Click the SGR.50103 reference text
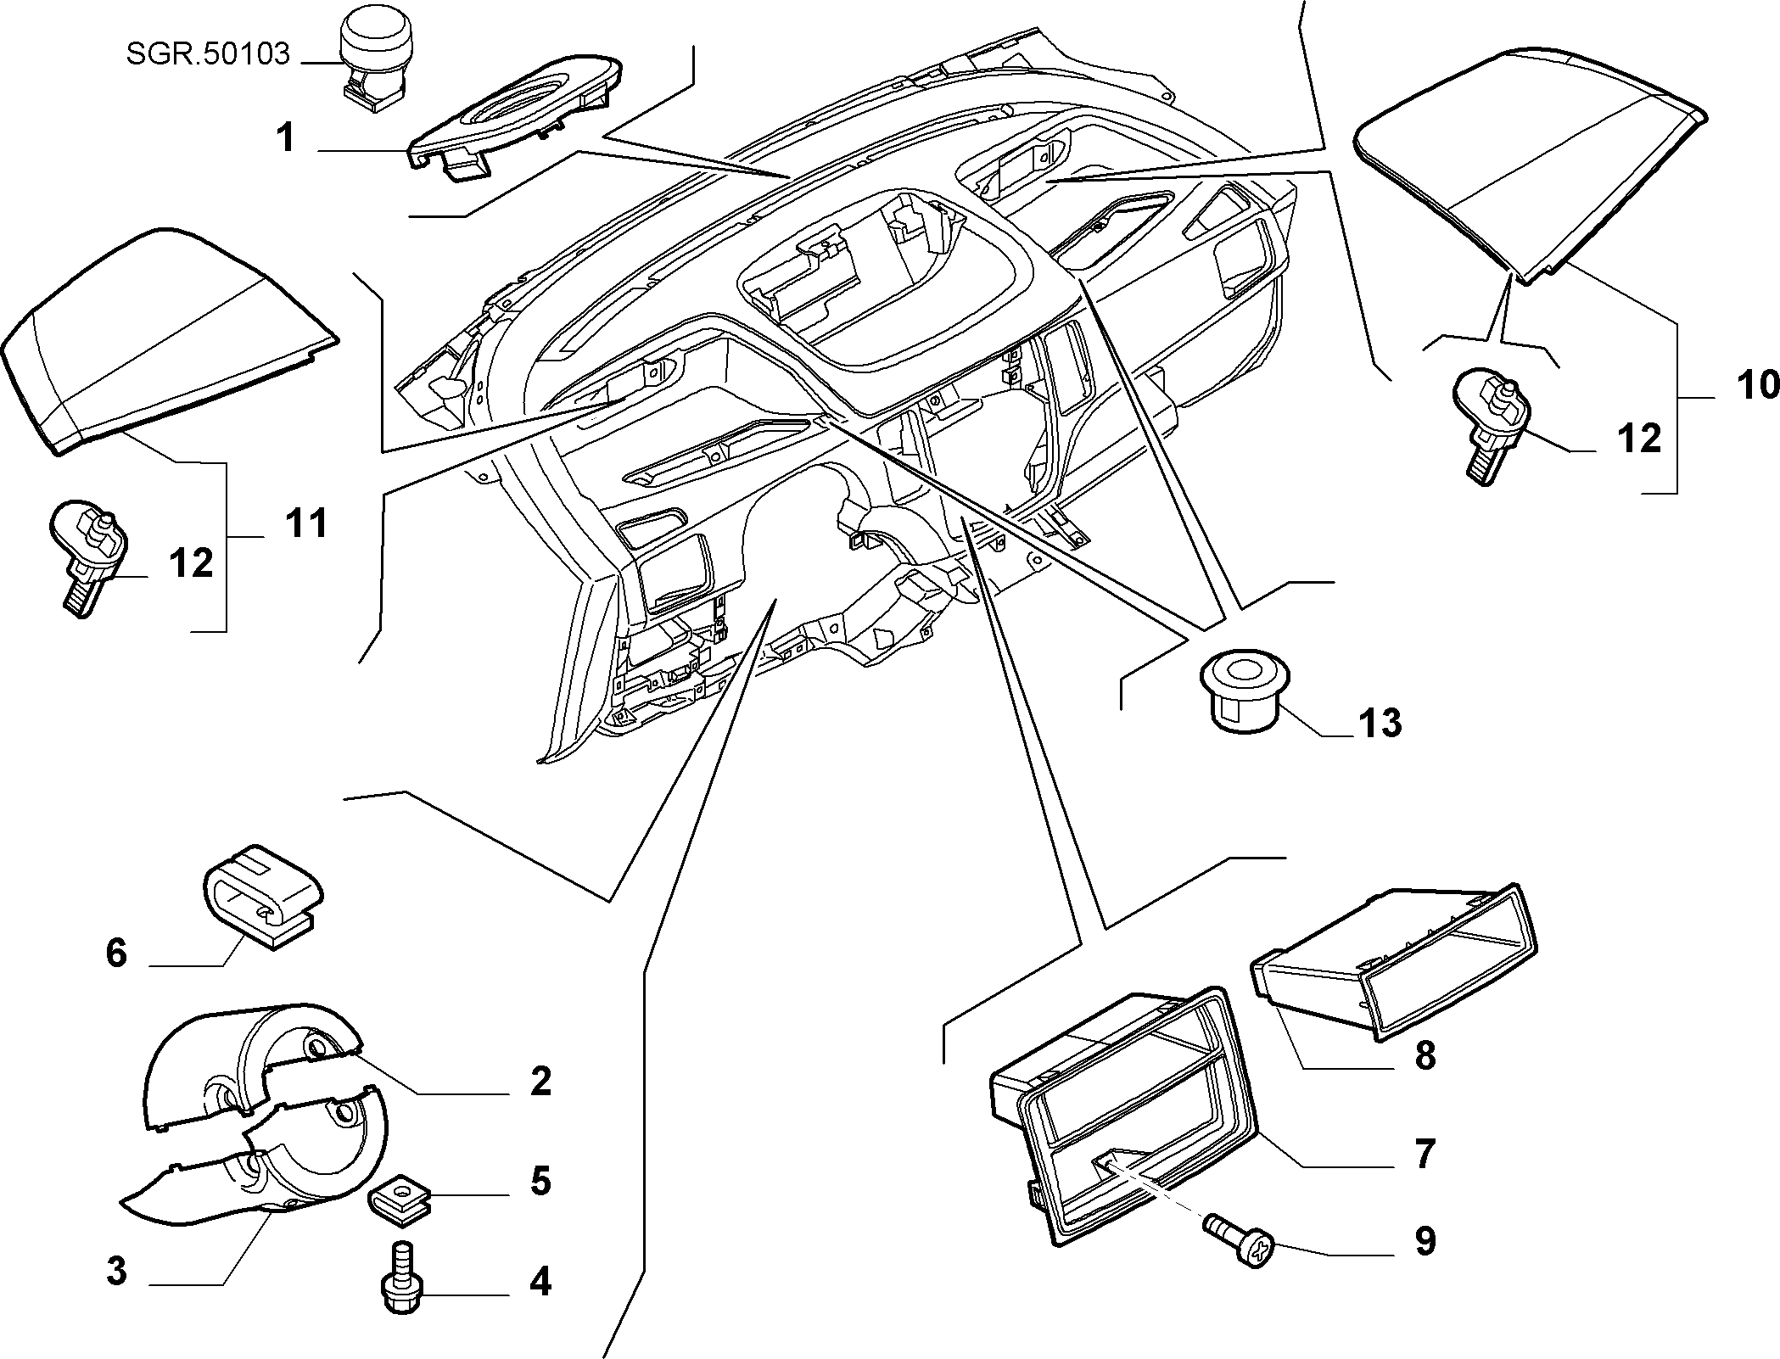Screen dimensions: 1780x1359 click(208, 54)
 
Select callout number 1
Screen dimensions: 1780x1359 click(287, 137)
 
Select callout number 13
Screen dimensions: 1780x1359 click(1380, 724)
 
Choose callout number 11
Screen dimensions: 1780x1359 click(306, 523)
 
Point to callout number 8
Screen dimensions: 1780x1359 click(1425, 1055)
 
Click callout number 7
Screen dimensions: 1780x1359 click(1425, 1154)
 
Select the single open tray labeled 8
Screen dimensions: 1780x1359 click(1394, 961)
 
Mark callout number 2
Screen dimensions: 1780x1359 click(540, 1081)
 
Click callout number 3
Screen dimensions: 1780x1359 click(116, 1271)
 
